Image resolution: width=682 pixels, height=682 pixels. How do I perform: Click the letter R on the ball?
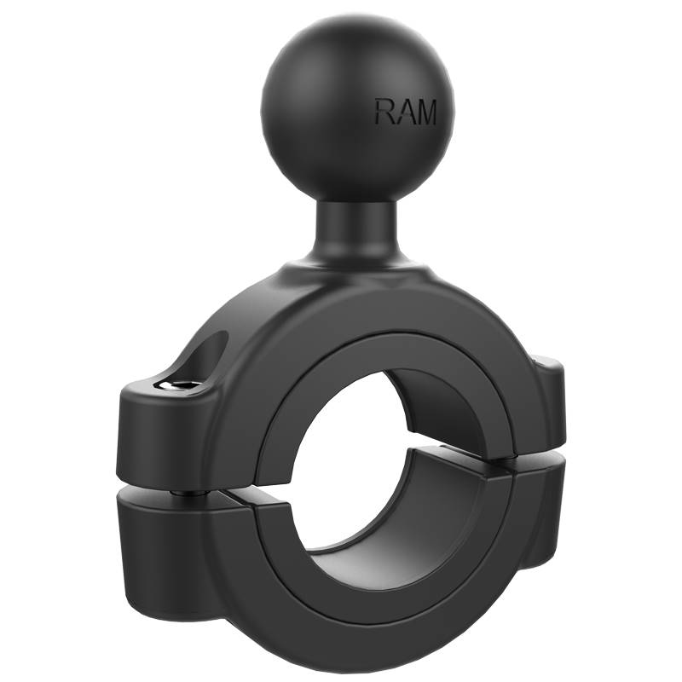tap(384, 112)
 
